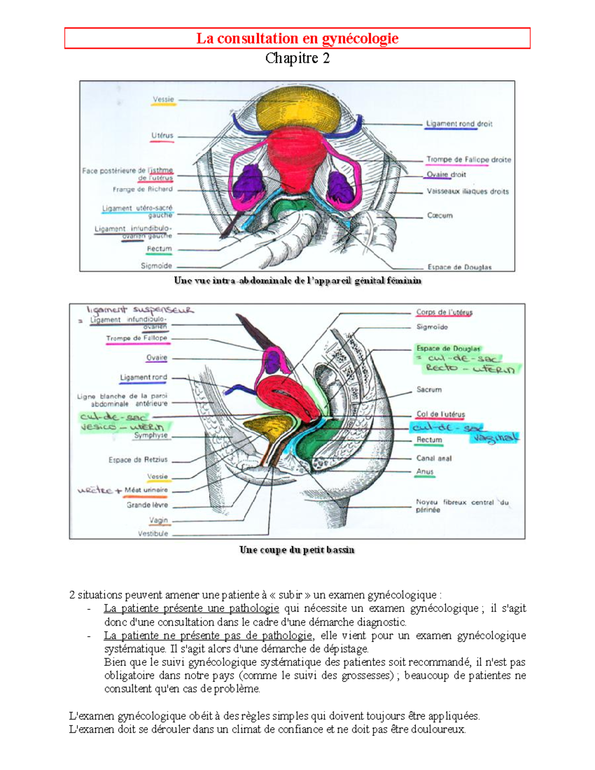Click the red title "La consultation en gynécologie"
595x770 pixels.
[297, 38]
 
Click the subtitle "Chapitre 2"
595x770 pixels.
[297, 59]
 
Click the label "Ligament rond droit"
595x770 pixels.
[459, 124]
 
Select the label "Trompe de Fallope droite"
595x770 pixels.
[469, 160]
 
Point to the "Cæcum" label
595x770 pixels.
[440, 216]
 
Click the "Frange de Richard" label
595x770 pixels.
[143, 189]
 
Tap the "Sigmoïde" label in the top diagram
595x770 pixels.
[156, 266]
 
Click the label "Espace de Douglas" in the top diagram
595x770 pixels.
[460, 267]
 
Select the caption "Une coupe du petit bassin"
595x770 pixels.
[297, 550]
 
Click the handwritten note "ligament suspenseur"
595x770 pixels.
[140, 310]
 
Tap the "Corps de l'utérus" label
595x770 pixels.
[444, 312]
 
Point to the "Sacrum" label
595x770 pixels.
[429, 390]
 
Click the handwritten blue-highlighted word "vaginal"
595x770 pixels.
[496, 438]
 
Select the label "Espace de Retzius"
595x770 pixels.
[138, 460]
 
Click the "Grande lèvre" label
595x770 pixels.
[147, 505]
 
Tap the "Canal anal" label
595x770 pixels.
[434, 459]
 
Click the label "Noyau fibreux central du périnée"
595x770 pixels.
[462, 506]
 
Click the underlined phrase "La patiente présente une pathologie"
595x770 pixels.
[191, 608]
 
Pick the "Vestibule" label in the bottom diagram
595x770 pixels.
[153, 534]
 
